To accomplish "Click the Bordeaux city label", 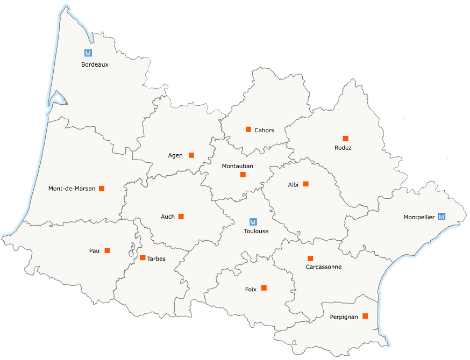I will (x=95, y=64).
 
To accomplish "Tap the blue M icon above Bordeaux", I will (x=88, y=53).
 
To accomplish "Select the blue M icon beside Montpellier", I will (x=441, y=217).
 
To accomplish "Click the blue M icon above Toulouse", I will (x=253, y=221).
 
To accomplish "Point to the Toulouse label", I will (x=256, y=232).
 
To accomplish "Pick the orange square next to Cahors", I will (x=248, y=129).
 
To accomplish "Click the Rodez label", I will (x=343, y=148).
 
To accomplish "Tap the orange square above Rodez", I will (x=345, y=138).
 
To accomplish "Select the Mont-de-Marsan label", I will (x=72, y=189).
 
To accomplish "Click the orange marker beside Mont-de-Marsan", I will (x=102, y=188).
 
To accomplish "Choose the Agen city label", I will (x=175, y=155).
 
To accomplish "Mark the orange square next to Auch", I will (x=181, y=216).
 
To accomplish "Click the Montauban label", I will (x=237, y=166).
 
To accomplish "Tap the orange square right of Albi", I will (x=306, y=184).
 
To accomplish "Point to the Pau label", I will (x=94, y=251).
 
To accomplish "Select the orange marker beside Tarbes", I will (x=143, y=258).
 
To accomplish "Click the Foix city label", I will (x=251, y=289).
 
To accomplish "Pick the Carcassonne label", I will (x=323, y=267).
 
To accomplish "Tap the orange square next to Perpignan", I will (x=365, y=316).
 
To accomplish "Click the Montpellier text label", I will (x=419, y=218).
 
